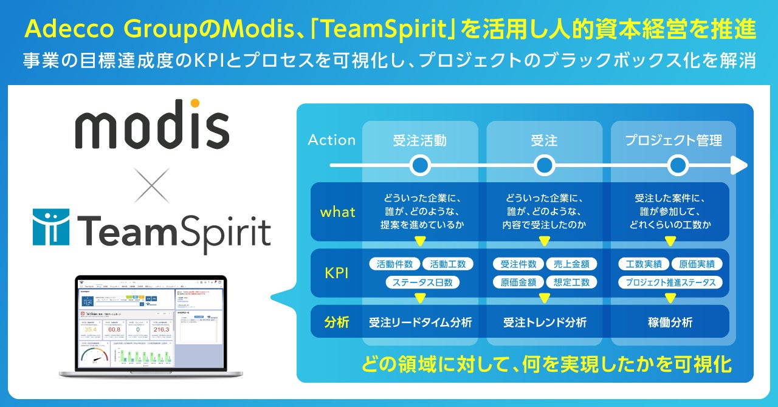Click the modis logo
152,125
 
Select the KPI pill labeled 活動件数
394,264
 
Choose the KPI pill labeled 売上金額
571,264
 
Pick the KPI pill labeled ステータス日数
422,282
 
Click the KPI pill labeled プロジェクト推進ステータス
670,282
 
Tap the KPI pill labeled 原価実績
697,264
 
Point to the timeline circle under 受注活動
420,165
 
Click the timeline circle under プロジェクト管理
678,165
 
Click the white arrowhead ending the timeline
739,165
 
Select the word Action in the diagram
331,140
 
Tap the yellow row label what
337,213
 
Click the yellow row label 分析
337,322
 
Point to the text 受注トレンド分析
545,323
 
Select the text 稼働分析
670,323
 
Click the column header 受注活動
419,141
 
